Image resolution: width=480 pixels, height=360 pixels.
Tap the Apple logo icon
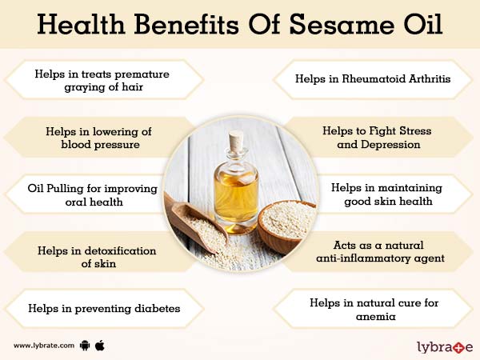point(100,345)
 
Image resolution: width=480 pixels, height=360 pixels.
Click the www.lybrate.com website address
point(43,346)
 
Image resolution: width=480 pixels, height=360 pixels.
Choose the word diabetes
point(152,307)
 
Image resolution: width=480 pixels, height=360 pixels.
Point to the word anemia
point(375,316)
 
